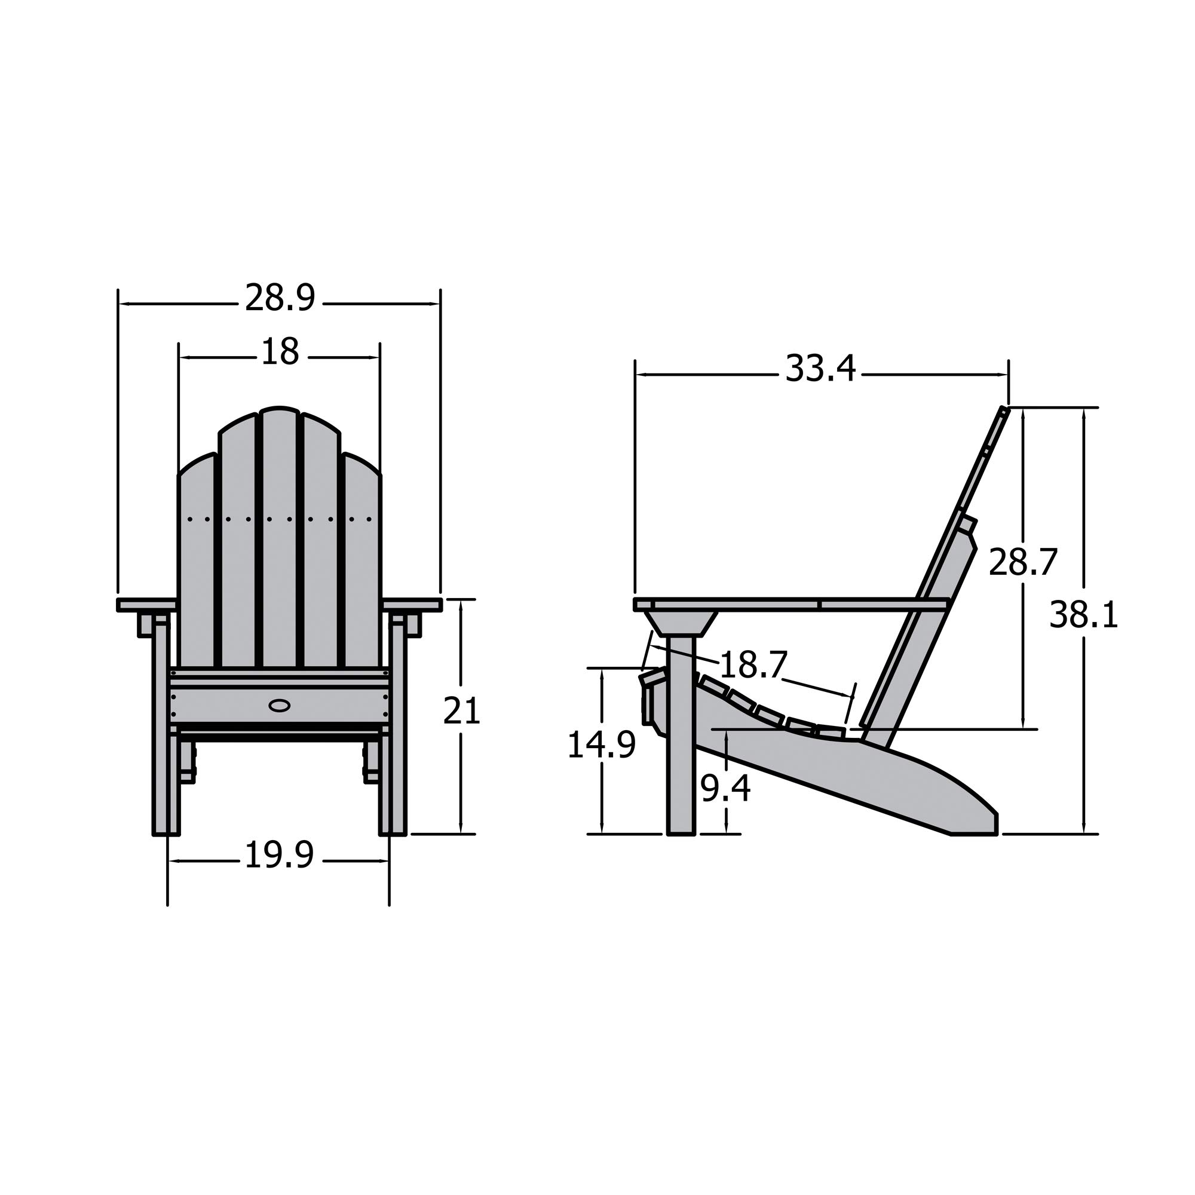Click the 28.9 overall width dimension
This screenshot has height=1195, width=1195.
(x=280, y=298)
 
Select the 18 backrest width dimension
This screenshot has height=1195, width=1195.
(x=280, y=352)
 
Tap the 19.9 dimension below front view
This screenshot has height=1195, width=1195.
(x=280, y=856)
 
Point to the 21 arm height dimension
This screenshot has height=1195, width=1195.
(x=461, y=710)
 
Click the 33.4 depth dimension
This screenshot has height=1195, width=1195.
(x=820, y=369)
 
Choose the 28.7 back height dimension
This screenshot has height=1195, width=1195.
(x=1022, y=562)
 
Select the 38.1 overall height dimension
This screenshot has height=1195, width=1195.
(x=1084, y=616)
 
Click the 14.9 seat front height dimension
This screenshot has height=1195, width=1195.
(x=601, y=744)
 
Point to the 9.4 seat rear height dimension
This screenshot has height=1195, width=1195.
(x=725, y=789)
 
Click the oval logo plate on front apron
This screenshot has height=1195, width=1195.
(x=280, y=704)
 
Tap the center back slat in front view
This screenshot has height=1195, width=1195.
(x=280, y=538)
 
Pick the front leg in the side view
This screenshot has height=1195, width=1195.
(x=681, y=742)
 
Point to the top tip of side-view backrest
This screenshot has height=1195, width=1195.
(x=1004, y=409)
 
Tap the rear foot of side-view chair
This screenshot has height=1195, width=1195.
(x=974, y=823)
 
